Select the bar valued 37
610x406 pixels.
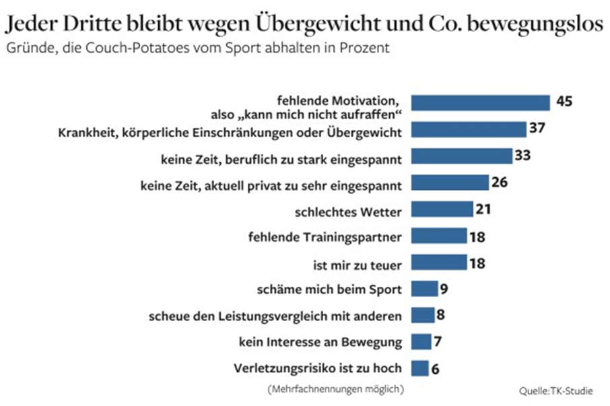469,129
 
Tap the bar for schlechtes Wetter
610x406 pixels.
442,209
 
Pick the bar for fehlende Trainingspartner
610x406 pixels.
438,236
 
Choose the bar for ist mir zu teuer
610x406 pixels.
438,262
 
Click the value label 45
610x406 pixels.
564,102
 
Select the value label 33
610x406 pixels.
522,156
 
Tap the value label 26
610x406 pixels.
500,182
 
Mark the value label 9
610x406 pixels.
444,289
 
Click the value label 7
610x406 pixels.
438,342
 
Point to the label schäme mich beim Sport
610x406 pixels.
330,290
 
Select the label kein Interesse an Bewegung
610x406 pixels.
320,343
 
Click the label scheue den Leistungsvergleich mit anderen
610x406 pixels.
277,316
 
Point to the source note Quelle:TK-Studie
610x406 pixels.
556,391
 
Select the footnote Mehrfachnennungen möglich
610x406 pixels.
335,388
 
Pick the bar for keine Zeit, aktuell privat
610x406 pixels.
450,182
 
